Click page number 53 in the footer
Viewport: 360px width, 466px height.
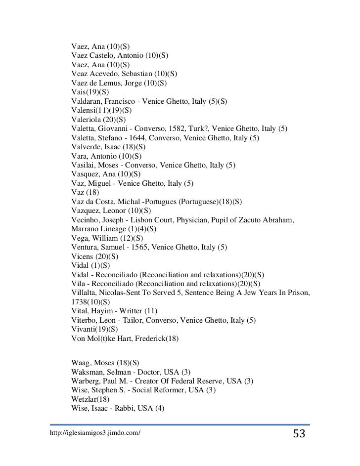point(299,434)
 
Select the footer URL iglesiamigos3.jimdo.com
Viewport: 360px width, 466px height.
point(95,433)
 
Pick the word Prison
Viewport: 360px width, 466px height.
point(295,292)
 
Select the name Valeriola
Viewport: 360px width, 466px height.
point(88,120)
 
